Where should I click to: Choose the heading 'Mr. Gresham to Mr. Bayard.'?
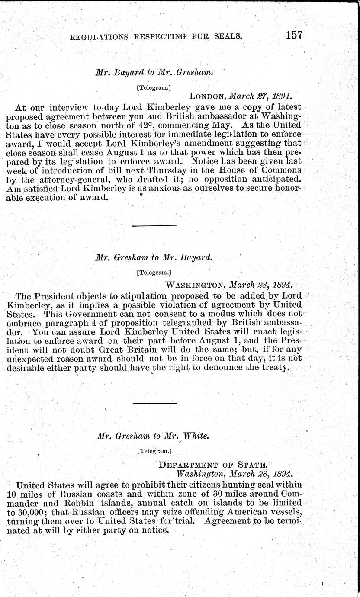(x=154, y=258)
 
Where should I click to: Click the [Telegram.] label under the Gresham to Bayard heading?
(x=154, y=273)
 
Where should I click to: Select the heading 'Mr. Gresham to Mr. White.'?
(x=153, y=436)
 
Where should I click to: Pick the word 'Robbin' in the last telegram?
(x=84, y=501)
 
